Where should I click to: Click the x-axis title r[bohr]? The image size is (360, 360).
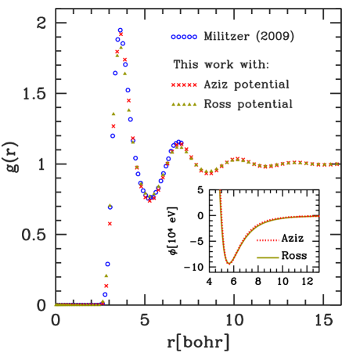click(x=197, y=342)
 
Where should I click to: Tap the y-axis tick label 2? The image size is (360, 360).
click(x=40, y=23)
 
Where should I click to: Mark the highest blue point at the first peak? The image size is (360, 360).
click(x=120, y=31)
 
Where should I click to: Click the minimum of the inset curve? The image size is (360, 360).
click(x=229, y=264)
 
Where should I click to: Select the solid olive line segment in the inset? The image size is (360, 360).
click(x=267, y=257)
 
